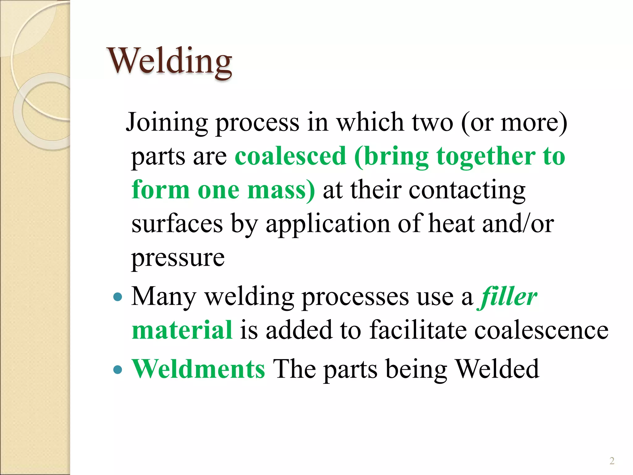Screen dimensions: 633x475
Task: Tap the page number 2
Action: (x=612, y=461)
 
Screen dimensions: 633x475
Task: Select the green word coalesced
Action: (x=290, y=156)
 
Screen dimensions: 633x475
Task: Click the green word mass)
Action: (x=281, y=190)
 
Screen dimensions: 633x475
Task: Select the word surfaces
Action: (x=177, y=223)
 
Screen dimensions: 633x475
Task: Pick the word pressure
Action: (x=178, y=258)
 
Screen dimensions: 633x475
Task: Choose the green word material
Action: (x=182, y=330)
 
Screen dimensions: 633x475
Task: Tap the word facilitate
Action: (x=418, y=330)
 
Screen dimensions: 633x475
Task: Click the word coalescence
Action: (x=541, y=330)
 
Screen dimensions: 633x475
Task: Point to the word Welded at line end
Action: (x=498, y=369)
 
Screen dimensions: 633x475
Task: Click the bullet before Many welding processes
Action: (x=118, y=298)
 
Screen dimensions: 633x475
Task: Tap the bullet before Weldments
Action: (x=118, y=370)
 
